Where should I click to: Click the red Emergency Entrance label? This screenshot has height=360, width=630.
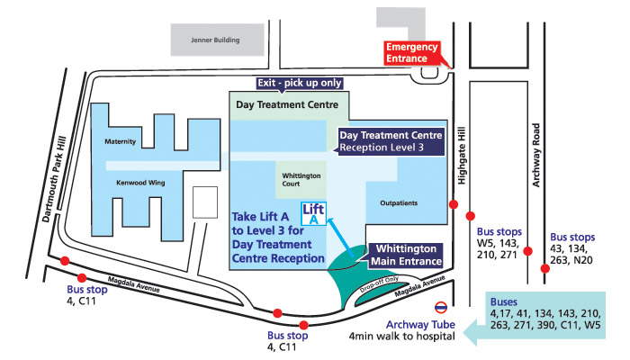(412, 52)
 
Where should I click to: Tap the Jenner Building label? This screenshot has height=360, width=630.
(211, 40)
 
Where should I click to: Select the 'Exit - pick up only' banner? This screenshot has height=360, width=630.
(287, 83)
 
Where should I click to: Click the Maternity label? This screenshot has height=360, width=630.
(120, 141)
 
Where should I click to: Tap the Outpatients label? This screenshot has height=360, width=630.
(399, 202)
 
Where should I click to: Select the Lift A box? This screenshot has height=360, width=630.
(314, 214)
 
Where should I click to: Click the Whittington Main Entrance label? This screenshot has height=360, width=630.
(405, 254)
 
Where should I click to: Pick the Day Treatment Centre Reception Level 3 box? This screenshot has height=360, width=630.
(390, 141)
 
